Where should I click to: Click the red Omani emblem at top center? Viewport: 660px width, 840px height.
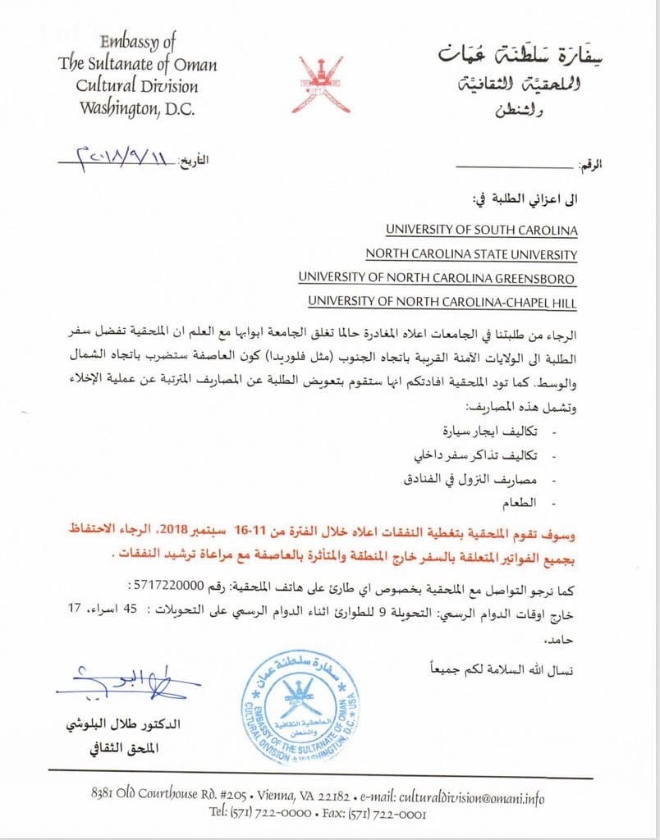pyautogui.click(x=319, y=84)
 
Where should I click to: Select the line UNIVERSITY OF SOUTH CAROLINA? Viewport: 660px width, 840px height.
pyautogui.click(x=481, y=231)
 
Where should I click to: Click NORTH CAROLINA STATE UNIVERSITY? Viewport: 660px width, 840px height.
pyautogui.click(x=471, y=254)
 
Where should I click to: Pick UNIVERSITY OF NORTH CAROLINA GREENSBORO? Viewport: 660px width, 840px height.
pyautogui.click(x=437, y=278)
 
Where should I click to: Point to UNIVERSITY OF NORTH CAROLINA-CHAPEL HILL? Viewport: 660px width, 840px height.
pyautogui.click(x=442, y=302)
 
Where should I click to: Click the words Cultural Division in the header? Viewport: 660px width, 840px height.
pyautogui.click(x=126, y=85)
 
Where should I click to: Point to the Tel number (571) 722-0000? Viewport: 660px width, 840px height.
pyautogui.click(x=272, y=815)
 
